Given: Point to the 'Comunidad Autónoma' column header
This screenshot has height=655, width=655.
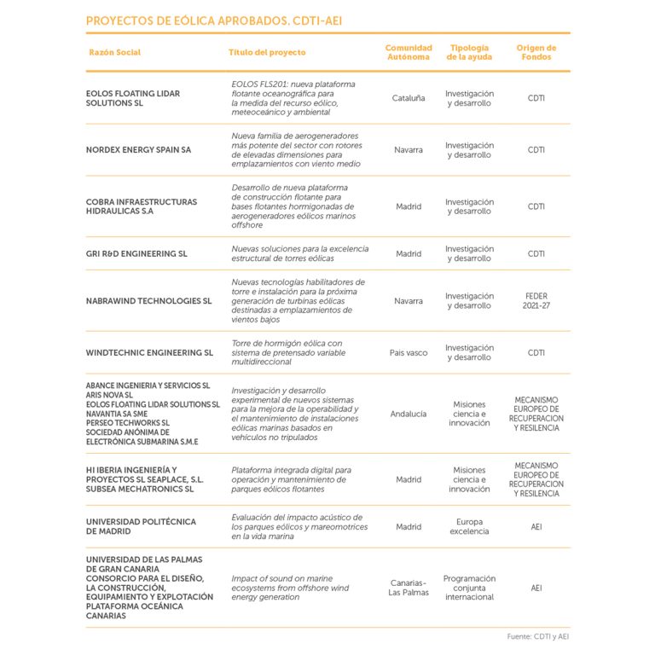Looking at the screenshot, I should pos(409,53).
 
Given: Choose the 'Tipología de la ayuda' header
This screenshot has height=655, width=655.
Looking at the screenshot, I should pos(469,53).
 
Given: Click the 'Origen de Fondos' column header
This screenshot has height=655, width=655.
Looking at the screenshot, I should pos(536,53).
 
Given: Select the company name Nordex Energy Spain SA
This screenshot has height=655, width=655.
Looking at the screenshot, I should pos(138,150).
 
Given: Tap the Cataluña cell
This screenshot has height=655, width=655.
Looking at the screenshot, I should pos(409,98).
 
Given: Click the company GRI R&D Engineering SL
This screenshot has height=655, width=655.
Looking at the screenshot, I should pos(136,254).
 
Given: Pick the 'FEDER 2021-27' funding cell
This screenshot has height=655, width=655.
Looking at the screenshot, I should pos(536,301).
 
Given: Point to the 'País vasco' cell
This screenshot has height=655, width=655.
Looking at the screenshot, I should pos(409,352).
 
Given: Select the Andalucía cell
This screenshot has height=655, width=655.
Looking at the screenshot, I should pos(409,414).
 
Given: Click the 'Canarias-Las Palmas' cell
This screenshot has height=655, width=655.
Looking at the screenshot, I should pos(409,588).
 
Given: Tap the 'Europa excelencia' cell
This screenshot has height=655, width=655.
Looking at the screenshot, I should pos(469,526).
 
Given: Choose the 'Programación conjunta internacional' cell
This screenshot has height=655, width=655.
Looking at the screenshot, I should pos(469,588).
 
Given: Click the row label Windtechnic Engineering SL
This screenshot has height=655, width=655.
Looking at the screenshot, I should pos(149,352).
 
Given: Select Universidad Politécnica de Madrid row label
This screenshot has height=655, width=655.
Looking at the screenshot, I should pos(141,526).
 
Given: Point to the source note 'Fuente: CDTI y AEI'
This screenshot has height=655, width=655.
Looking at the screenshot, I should pos(537,636).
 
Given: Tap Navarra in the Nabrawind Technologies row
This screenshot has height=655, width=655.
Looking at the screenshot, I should pos(409,301).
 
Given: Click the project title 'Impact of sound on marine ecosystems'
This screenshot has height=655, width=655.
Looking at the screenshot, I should pos(290,588).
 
